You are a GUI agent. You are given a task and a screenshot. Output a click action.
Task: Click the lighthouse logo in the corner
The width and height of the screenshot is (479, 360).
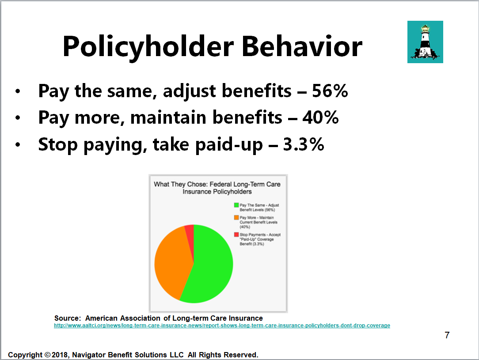tap(425, 42)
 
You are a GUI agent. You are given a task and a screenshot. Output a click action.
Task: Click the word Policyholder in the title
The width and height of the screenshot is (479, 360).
tap(148, 46)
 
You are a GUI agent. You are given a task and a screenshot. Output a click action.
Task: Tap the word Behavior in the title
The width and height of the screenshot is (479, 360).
tap(302, 46)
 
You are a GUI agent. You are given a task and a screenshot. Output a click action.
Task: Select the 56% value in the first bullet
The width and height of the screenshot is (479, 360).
tap(330, 91)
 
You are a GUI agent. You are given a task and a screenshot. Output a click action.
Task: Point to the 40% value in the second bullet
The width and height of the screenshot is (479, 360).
tap(320, 117)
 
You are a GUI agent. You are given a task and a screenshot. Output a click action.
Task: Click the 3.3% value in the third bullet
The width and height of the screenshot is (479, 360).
tap(303, 144)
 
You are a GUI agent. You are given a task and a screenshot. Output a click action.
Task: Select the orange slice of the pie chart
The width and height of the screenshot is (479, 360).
tap(171, 262)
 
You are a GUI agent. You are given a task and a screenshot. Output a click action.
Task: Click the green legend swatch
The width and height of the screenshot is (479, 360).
tap(236, 205)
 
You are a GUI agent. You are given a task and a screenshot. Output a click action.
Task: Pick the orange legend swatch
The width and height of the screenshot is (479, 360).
tap(236, 217)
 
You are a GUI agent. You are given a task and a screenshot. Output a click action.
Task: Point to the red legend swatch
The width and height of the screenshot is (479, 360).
tap(236, 235)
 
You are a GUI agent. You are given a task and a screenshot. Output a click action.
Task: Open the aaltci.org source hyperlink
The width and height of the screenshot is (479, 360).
tap(222, 326)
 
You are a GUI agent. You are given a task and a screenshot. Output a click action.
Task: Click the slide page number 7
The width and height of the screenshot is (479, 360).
tap(447, 335)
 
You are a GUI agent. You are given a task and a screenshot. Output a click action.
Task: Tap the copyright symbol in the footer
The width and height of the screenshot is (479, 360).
tap(47, 355)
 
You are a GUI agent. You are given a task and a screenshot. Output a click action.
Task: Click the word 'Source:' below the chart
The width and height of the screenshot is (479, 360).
tap(68, 318)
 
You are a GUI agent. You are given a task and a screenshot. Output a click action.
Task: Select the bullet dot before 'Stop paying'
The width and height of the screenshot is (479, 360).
tap(18, 144)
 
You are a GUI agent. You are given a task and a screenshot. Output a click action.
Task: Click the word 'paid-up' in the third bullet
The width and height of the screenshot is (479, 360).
tap(229, 145)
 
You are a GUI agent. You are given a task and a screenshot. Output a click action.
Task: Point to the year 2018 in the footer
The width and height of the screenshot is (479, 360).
tap(61, 355)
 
